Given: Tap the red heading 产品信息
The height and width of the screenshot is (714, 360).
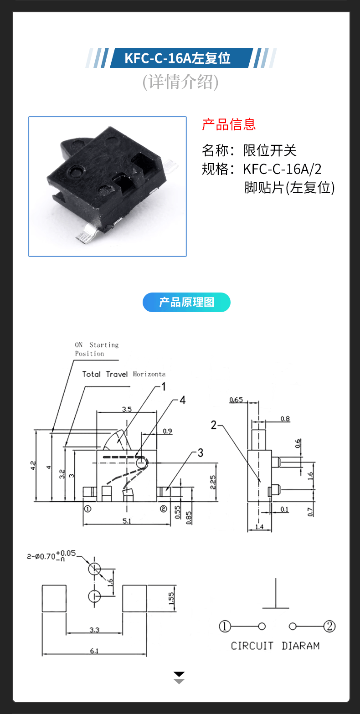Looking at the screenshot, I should [x=229, y=124].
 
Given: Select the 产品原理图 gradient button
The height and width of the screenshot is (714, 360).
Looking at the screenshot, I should [x=186, y=302].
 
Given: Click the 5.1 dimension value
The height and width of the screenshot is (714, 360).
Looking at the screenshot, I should [x=127, y=521].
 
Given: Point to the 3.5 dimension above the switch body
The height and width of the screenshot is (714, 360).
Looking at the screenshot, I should [x=127, y=409].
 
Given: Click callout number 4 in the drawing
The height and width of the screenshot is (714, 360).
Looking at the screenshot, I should [x=182, y=400].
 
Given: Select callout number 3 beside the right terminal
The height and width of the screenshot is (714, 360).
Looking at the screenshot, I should [x=200, y=453].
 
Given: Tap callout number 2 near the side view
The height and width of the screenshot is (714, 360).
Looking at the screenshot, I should [x=214, y=425].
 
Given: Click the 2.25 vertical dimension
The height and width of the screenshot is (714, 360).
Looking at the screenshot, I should [x=214, y=483].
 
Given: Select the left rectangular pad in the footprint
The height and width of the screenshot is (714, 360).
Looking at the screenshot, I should [x=54, y=598].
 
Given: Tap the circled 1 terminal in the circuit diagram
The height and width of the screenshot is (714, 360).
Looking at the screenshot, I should [x=225, y=627].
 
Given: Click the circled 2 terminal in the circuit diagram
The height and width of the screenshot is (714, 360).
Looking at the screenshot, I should [x=329, y=627].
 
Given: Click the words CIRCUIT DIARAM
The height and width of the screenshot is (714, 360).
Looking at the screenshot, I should [x=275, y=646].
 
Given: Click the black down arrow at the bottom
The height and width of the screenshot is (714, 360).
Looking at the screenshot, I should [x=179, y=674].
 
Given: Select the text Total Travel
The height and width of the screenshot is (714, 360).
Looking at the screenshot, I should [x=105, y=374].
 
